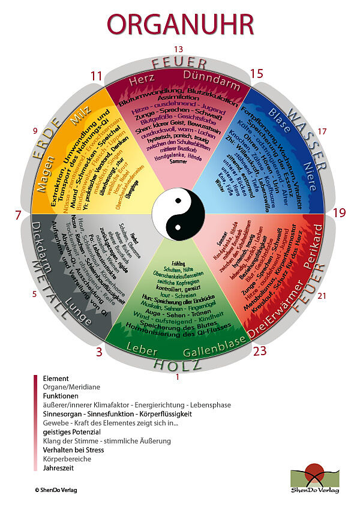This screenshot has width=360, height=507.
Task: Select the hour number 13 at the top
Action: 178,49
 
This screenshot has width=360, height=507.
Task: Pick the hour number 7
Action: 18,214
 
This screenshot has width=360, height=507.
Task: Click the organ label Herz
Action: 142,79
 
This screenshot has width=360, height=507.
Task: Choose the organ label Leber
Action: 141,346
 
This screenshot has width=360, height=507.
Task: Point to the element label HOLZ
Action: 178,364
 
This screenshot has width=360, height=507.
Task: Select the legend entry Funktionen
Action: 61,396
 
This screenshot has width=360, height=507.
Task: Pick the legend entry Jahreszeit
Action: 59,467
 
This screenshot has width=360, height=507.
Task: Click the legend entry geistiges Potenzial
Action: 71,431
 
